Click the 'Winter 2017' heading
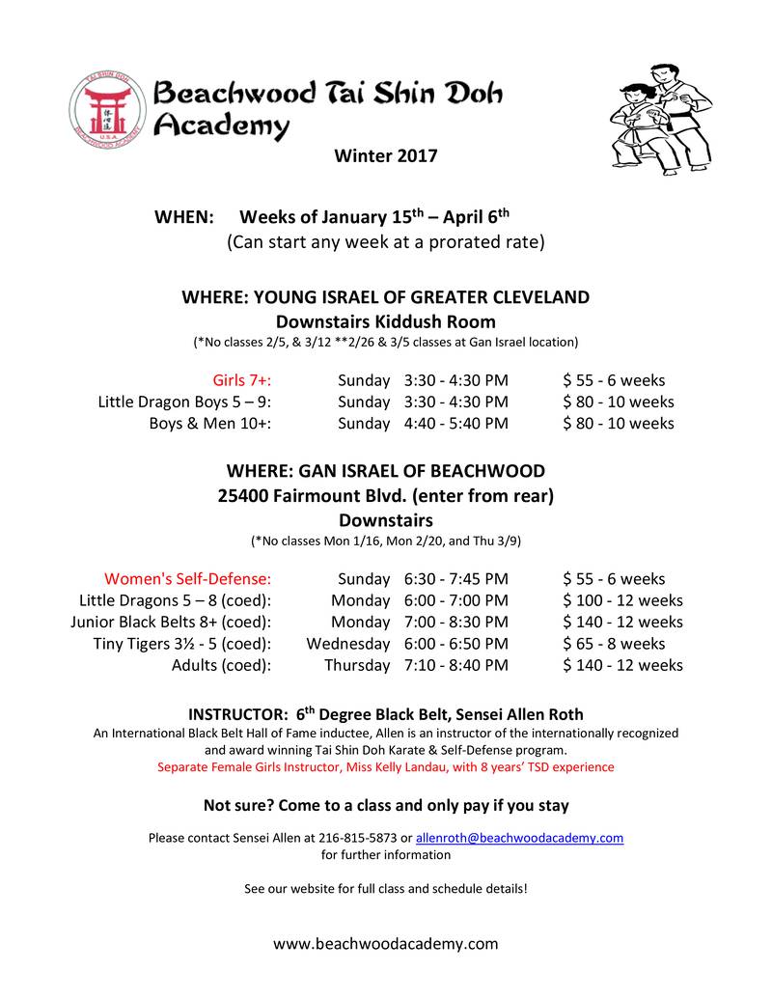(x=385, y=155)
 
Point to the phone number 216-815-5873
(x=357, y=838)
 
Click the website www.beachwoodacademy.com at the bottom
(x=385, y=943)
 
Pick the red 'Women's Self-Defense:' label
(x=187, y=579)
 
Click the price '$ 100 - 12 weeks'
(x=622, y=600)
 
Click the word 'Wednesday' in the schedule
(x=348, y=643)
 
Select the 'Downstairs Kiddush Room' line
(x=385, y=320)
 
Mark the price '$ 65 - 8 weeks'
(x=614, y=643)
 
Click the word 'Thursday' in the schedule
(x=357, y=664)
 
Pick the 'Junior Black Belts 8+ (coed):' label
(x=171, y=622)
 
